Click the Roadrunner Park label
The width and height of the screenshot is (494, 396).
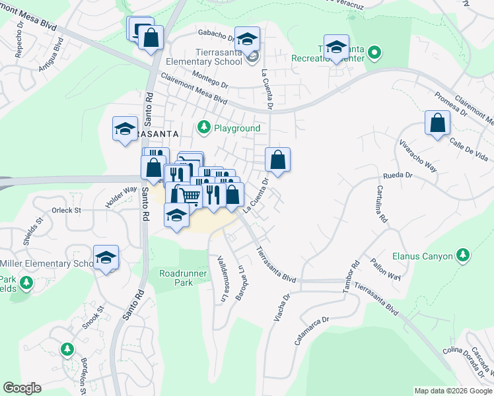click(x=176, y=277)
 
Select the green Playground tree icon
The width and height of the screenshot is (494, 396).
click(x=204, y=127)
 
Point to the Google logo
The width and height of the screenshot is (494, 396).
click(x=22, y=388)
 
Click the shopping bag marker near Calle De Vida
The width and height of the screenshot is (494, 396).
click(x=437, y=123)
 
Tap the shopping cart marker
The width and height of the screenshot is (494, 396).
click(x=190, y=195)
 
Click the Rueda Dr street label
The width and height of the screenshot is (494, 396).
click(x=398, y=176)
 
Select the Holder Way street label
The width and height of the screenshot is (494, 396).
click(x=116, y=197)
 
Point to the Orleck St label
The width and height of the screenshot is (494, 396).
click(x=66, y=211)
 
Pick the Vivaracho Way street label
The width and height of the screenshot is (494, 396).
click(x=417, y=154)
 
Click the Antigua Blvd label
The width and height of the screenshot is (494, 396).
click(x=51, y=56)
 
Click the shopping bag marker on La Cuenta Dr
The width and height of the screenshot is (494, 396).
click(x=278, y=160)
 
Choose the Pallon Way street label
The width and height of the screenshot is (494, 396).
click(x=386, y=269)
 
